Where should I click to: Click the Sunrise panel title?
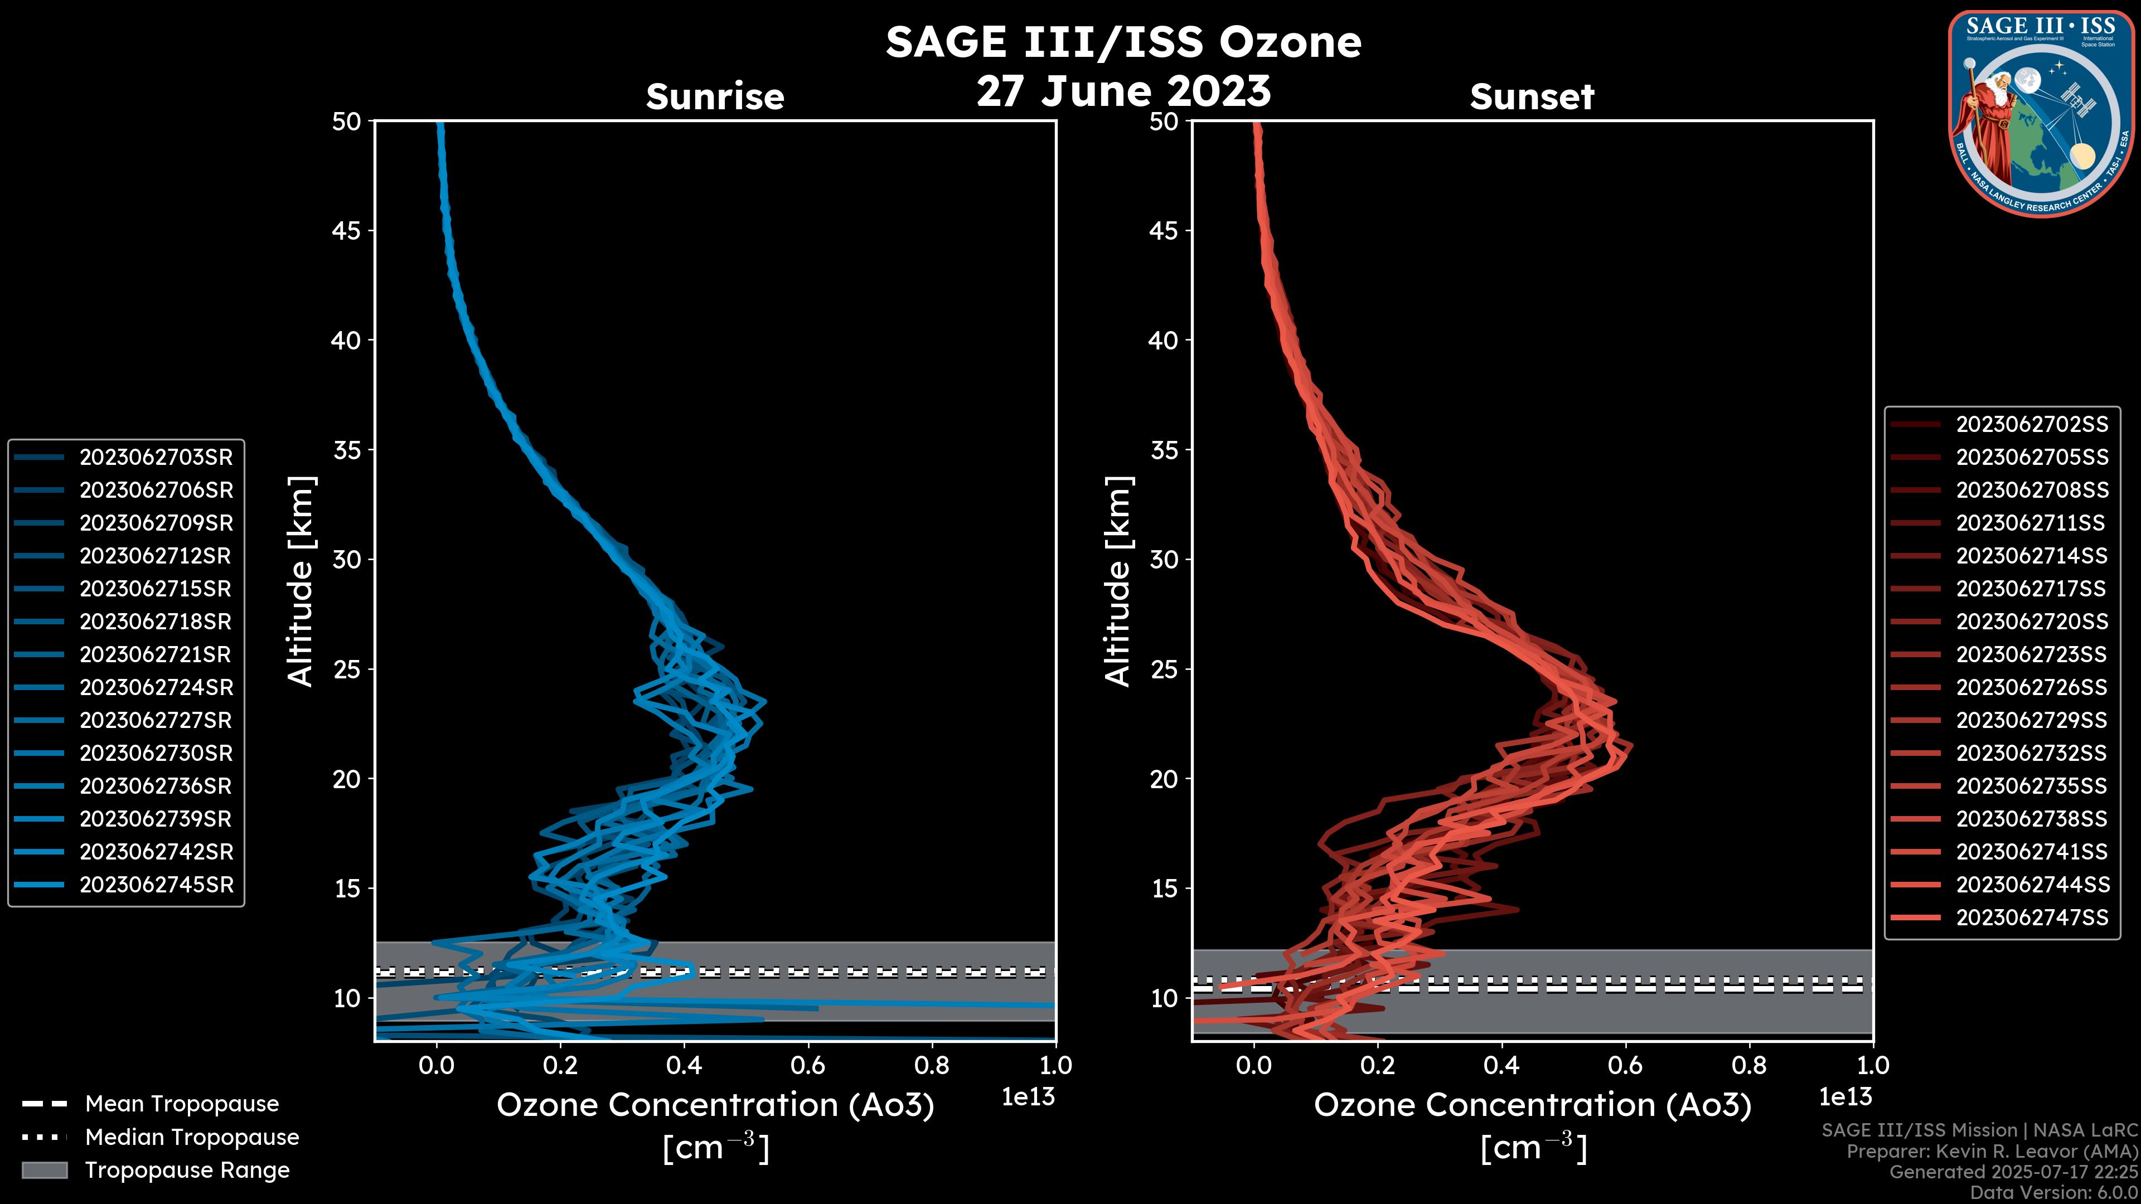[x=715, y=97]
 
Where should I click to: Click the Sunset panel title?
[x=1532, y=97]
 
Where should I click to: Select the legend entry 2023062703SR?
[x=156, y=457]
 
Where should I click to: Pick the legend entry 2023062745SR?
[x=156, y=885]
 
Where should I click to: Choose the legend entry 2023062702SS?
[x=2031, y=425]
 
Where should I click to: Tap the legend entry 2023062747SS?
[x=2031, y=917]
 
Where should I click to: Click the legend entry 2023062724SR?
[x=156, y=687]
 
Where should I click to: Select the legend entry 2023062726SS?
[x=2031, y=687]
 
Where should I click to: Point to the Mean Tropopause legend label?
[x=182, y=1104]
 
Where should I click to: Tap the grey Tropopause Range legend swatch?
[x=44, y=1170]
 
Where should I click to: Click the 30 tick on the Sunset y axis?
[x=1164, y=559]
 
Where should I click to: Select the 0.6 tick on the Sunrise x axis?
[x=808, y=1065]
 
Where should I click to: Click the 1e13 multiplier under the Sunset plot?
[x=1845, y=1098]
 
